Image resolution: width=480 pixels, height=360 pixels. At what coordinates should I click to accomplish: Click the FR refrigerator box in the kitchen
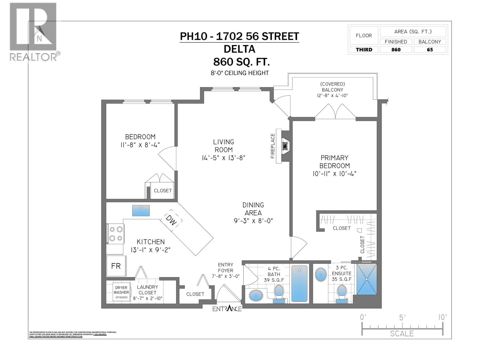[x=116, y=266]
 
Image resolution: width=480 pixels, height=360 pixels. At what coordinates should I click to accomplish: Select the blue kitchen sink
[x=141, y=211]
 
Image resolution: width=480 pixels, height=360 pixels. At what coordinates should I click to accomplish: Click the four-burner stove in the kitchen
[x=115, y=234]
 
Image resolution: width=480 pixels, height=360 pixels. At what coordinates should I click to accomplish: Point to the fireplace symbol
[x=284, y=146]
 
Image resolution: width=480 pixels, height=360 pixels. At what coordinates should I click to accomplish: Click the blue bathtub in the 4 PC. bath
[x=299, y=283]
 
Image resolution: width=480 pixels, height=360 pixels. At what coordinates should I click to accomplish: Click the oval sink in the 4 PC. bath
[x=256, y=295]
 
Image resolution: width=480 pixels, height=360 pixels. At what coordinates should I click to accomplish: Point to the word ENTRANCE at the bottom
[x=227, y=309]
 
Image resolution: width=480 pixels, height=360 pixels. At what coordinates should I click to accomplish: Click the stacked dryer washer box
[x=121, y=292]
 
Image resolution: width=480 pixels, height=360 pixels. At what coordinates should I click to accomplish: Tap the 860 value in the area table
[x=396, y=50]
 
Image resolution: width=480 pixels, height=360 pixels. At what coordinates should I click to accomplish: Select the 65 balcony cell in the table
[x=430, y=50]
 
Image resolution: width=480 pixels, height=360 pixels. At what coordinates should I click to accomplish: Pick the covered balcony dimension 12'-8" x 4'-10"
[x=332, y=96]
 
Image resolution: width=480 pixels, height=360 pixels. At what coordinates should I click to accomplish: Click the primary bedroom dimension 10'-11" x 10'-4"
[x=334, y=173]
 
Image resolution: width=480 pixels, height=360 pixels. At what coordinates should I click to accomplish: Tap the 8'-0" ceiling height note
[x=239, y=73]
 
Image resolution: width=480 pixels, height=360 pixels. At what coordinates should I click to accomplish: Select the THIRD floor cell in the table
[x=364, y=50]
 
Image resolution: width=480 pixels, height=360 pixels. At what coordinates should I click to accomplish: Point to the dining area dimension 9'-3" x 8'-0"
[x=253, y=221]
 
